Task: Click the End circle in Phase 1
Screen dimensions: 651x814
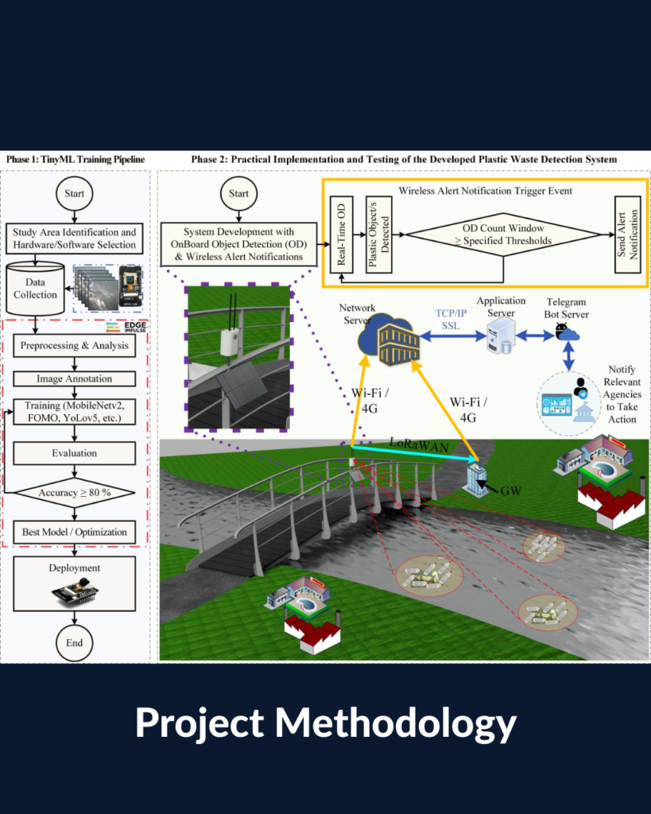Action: click(74, 642)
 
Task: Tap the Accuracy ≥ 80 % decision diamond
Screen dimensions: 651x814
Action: click(75, 492)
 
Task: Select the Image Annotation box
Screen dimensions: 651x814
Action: click(74, 378)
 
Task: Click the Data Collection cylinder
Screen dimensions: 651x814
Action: click(35, 289)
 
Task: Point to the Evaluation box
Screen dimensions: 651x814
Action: click(74, 452)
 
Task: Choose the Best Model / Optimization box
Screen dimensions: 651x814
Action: click(74, 532)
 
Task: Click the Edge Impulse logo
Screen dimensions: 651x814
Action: click(126, 327)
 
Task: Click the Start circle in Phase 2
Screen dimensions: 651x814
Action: click(238, 194)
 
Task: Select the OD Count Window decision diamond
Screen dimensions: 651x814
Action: click(503, 235)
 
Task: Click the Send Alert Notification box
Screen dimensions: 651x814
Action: click(628, 235)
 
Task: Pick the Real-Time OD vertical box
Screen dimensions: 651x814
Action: click(341, 235)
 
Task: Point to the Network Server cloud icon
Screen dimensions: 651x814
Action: click(388, 339)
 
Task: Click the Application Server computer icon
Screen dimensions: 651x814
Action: click(501, 336)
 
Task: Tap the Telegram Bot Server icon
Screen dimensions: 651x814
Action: click(567, 332)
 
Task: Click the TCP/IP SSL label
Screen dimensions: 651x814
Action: click(451, 320)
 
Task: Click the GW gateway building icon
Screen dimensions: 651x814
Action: click(475, 480)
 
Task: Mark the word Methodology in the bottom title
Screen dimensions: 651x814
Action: click(395, 723)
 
